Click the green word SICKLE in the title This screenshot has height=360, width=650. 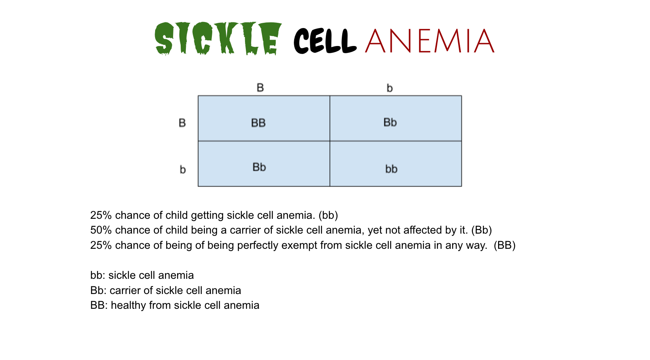click(218, 38)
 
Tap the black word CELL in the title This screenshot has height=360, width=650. click(325, 41)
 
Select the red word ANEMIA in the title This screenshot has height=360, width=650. click(429, 41)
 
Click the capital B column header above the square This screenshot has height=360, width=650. click(260, 88)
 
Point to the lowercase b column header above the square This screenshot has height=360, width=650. click(390, 88)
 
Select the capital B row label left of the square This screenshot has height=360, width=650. click(182, 123)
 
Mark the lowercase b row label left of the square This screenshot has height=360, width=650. click(183, 170)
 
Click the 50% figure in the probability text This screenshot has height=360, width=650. click(101, 230)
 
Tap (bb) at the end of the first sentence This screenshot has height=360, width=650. click(328, 216)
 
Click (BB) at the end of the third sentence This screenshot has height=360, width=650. click(504, 245)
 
